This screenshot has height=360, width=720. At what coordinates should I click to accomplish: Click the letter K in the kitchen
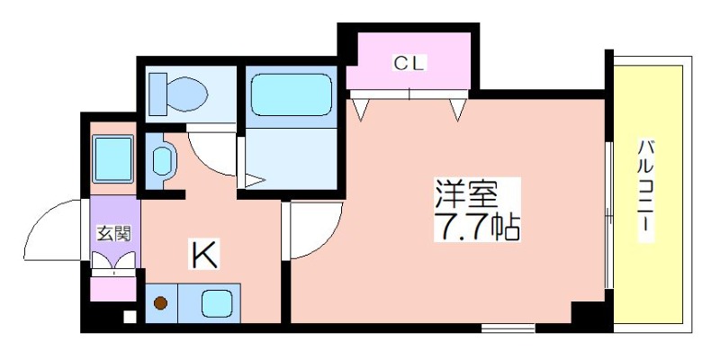pos(203,256)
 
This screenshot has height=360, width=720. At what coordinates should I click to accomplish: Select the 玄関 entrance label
pos(114,234)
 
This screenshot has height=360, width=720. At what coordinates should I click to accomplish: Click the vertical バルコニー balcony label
pos(646,189)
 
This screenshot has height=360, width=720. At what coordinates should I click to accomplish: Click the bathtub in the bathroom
pos(291,94)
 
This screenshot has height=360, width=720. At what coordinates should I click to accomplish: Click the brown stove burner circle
pos(162,303)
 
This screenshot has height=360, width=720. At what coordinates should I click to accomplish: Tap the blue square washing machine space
pos(112,158)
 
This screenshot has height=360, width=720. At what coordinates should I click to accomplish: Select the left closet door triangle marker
pos(362,110)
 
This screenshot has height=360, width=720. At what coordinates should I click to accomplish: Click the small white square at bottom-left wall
pos(129,316)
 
